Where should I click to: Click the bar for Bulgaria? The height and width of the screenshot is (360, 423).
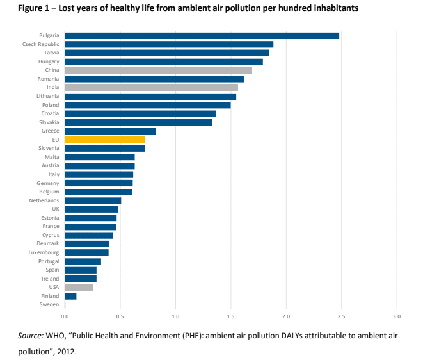tap(202, 36)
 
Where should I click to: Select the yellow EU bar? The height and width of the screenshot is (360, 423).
tap(105, 140)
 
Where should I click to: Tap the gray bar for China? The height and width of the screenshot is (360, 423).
tap(158, 70)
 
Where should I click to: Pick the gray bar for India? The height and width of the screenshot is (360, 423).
tap(151, 88)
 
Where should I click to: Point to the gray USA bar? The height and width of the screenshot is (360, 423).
tap(79, 287)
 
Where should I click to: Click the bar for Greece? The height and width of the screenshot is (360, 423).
tap(110, 131)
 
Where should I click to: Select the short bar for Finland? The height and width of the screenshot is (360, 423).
tap(71, 296)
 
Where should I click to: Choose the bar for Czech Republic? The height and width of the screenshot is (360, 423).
tap(169, 44)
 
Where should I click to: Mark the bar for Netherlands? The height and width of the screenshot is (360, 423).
tap(93, 200)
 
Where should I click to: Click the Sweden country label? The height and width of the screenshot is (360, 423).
tap(50, 305)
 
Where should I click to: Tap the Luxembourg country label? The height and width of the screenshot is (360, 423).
tap(44, 252)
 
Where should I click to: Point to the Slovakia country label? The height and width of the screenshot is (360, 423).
tap(49, 122)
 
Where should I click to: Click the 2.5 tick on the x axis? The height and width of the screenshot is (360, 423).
tap(341, 316)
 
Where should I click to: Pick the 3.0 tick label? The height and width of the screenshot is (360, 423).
tap(396, 316)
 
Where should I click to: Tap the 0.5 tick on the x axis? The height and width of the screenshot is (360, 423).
tap(120, 316)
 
